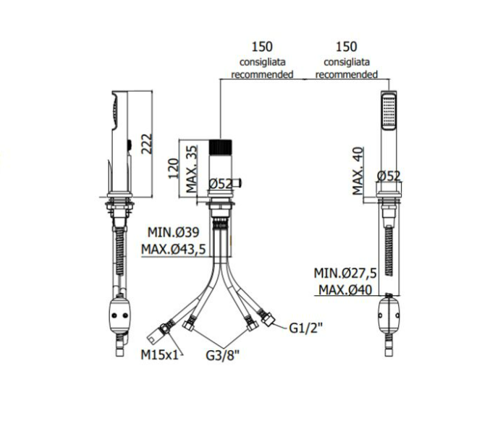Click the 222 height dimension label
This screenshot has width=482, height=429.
(148, 143)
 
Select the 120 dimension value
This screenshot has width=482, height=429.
(174, 168)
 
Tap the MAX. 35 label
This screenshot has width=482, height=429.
(192, 169)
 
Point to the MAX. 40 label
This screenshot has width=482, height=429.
(358, 171)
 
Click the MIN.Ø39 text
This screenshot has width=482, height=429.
(174, 232)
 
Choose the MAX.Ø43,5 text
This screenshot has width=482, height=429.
(174, 250)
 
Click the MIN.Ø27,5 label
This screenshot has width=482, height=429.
(345, 273)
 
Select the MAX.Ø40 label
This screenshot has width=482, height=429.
(345, 290)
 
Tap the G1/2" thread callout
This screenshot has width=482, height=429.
(306, 328)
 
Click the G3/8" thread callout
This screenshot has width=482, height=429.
(222, 355)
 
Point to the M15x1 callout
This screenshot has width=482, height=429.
(159, 355)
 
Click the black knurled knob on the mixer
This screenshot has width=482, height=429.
(221, 147)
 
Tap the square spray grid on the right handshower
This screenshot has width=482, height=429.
(389, 111)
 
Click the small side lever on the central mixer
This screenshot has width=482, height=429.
(237, 183)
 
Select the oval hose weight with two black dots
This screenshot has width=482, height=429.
(119, 315)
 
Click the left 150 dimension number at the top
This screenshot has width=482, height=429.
(262, 47)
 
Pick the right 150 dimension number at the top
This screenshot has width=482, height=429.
(347, 47)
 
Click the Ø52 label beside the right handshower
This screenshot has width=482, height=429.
(389, 176)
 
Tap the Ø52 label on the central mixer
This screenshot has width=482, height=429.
(221, 184)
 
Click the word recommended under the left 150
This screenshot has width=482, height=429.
(262, 75)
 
